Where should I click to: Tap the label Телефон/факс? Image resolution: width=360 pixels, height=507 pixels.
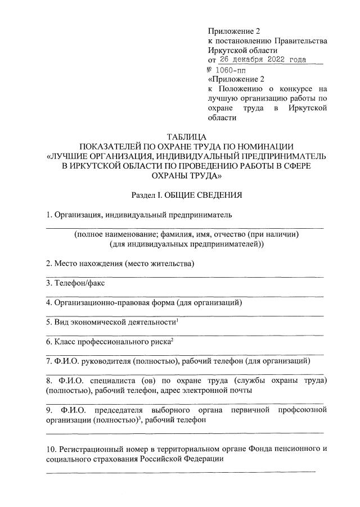(x=79, y=283)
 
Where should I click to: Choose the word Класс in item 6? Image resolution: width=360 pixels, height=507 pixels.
(x=64, y=341)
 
